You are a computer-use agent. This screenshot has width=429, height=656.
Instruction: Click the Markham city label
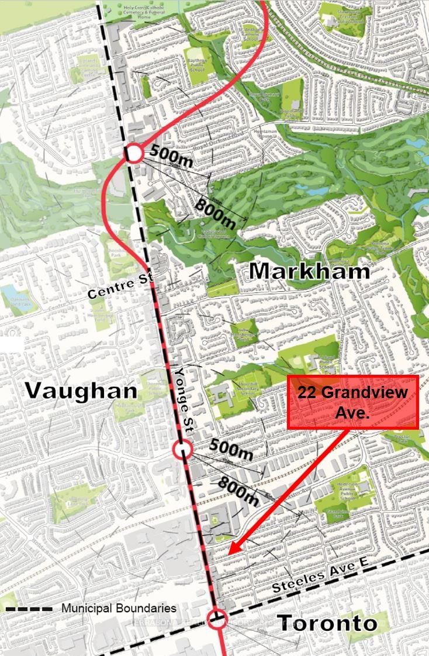[x=309, y=271]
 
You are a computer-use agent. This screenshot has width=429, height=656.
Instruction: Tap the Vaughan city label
[x=81, y=391]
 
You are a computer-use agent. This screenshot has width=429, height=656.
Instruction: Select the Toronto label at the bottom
[x=327, y=623]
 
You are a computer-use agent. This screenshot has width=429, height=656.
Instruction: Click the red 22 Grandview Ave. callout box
[x=353, y=402]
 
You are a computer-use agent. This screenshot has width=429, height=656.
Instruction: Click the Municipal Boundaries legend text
[x=119, y=609]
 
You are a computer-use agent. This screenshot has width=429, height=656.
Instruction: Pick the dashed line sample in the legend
[x=29, y=609]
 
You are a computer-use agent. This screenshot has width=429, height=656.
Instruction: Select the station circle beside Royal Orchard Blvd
[x=133, y=153]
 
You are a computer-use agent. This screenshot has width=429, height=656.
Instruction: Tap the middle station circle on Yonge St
[x=182, y=450]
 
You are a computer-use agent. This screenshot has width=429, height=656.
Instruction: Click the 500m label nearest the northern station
[x=171, y=154]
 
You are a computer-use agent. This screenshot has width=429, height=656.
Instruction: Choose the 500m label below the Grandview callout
[x=231, y=448]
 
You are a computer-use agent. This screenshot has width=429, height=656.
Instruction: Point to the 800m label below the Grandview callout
[x=238, y=491]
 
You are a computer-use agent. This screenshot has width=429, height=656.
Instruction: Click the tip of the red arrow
[x=230, y=553]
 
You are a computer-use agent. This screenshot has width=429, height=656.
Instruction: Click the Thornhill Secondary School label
[x=247, y=388]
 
